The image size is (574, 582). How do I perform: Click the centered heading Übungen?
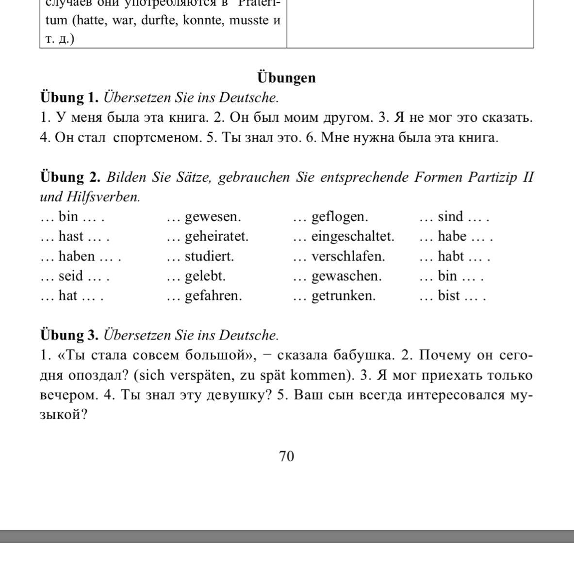point(286,78)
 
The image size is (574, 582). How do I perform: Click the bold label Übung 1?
point(69,98)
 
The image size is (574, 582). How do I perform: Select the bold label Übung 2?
point(70,177)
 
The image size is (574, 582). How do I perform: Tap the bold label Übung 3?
point(69,336)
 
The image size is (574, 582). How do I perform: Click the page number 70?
point(286,456)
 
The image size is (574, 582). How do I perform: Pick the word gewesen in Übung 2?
point(213,217)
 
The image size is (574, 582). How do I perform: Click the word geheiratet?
point(216,237)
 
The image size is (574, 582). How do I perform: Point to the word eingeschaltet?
point(353,237)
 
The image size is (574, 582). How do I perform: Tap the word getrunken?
point(343,296)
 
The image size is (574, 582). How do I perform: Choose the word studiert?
point(209,257)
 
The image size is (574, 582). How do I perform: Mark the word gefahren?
point(213,296)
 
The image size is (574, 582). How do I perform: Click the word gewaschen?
point(346,276)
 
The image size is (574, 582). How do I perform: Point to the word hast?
point(71,237)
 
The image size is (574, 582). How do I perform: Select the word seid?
point(71,276)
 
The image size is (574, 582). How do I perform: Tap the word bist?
point(449,296)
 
